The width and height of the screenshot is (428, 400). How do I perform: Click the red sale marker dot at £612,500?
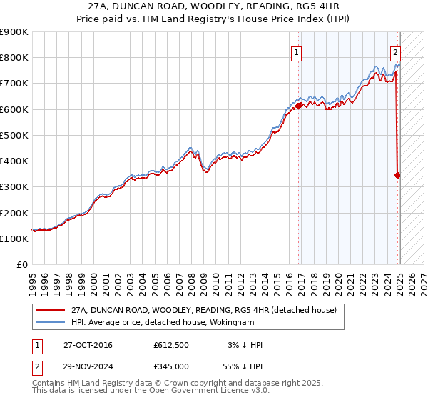pyautogui.click(x=299, y=106)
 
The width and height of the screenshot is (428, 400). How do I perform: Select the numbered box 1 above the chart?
pyautogui.click(x=295, y=51)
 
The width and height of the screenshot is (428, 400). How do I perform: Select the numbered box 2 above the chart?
pyautogui.click(x=395, y=51)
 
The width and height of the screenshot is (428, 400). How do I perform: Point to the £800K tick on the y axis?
pyautogui.click(x=14, y=58)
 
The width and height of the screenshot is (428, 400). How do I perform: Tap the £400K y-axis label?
pyautogui.click(x=14, y=161)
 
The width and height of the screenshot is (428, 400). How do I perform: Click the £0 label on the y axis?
pyautogui.click(x=21, y=264)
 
